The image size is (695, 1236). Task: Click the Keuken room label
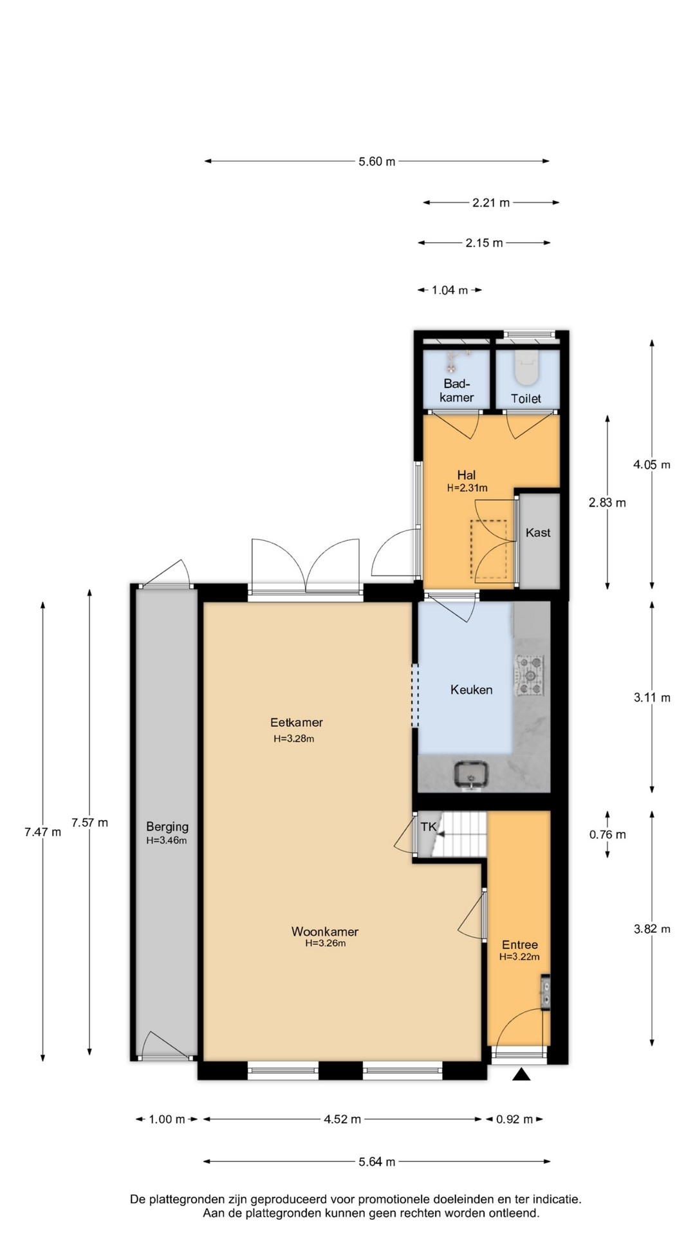[x=471, y=689]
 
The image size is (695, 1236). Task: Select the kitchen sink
[x=471, y=774]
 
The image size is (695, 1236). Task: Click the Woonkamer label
[x=324, y=932]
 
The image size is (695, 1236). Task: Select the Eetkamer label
[x=296, y=722]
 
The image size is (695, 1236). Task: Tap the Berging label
[x=167, y=827]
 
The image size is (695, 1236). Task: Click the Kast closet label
[x=538, y=532]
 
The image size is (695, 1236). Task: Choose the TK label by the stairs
[x=428, y=827]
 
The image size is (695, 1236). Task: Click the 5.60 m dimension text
[x=377, y=162]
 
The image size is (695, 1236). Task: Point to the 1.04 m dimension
[x=450, y=290]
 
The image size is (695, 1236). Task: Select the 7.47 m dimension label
[x=43, y=832]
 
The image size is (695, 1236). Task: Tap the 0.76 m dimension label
[x=607, y=834]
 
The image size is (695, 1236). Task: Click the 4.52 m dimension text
[x=342, y=1119]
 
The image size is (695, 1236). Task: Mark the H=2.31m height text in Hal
[x=467, y=488]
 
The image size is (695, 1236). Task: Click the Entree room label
[x=520, y=945]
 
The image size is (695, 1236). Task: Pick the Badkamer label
[x=457, y=390]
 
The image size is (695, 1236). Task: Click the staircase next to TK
[x=459, y=834]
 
